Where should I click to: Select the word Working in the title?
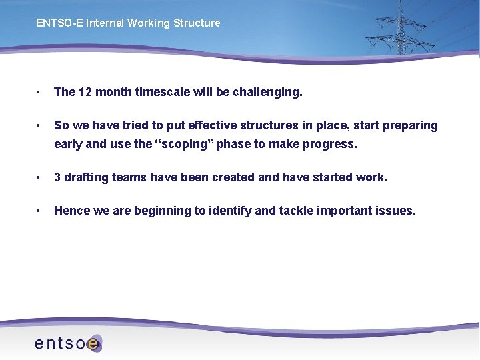(148, 23)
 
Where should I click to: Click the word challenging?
(267, 92)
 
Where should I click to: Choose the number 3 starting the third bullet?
(57, 177)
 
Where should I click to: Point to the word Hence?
(71, 211)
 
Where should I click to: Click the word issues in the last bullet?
(395, 211)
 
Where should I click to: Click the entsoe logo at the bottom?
(67, 343)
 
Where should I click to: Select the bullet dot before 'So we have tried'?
(40, 125)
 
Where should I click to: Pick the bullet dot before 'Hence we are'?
(40, 211)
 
